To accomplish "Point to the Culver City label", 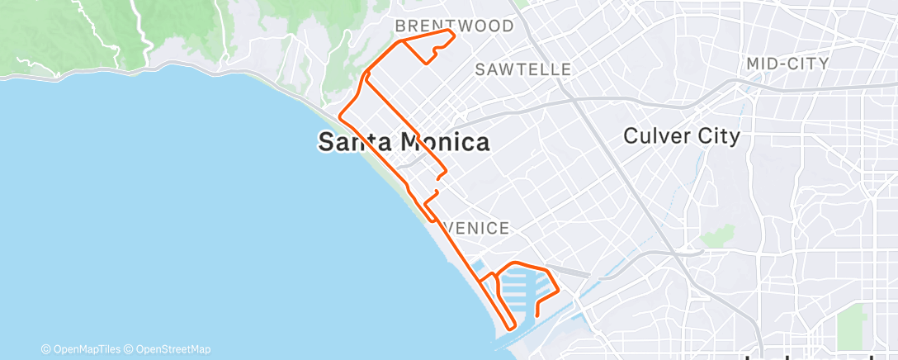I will point(682,135).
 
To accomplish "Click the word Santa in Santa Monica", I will point(356,142).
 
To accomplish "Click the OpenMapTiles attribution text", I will point(84,349).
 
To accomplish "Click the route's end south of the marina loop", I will point(537,315).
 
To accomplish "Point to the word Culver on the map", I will point(655,135).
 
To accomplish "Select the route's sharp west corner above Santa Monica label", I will point(340,115).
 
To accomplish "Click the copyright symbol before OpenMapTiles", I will point(45,349).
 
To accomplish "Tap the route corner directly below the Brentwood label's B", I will point(399,40).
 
